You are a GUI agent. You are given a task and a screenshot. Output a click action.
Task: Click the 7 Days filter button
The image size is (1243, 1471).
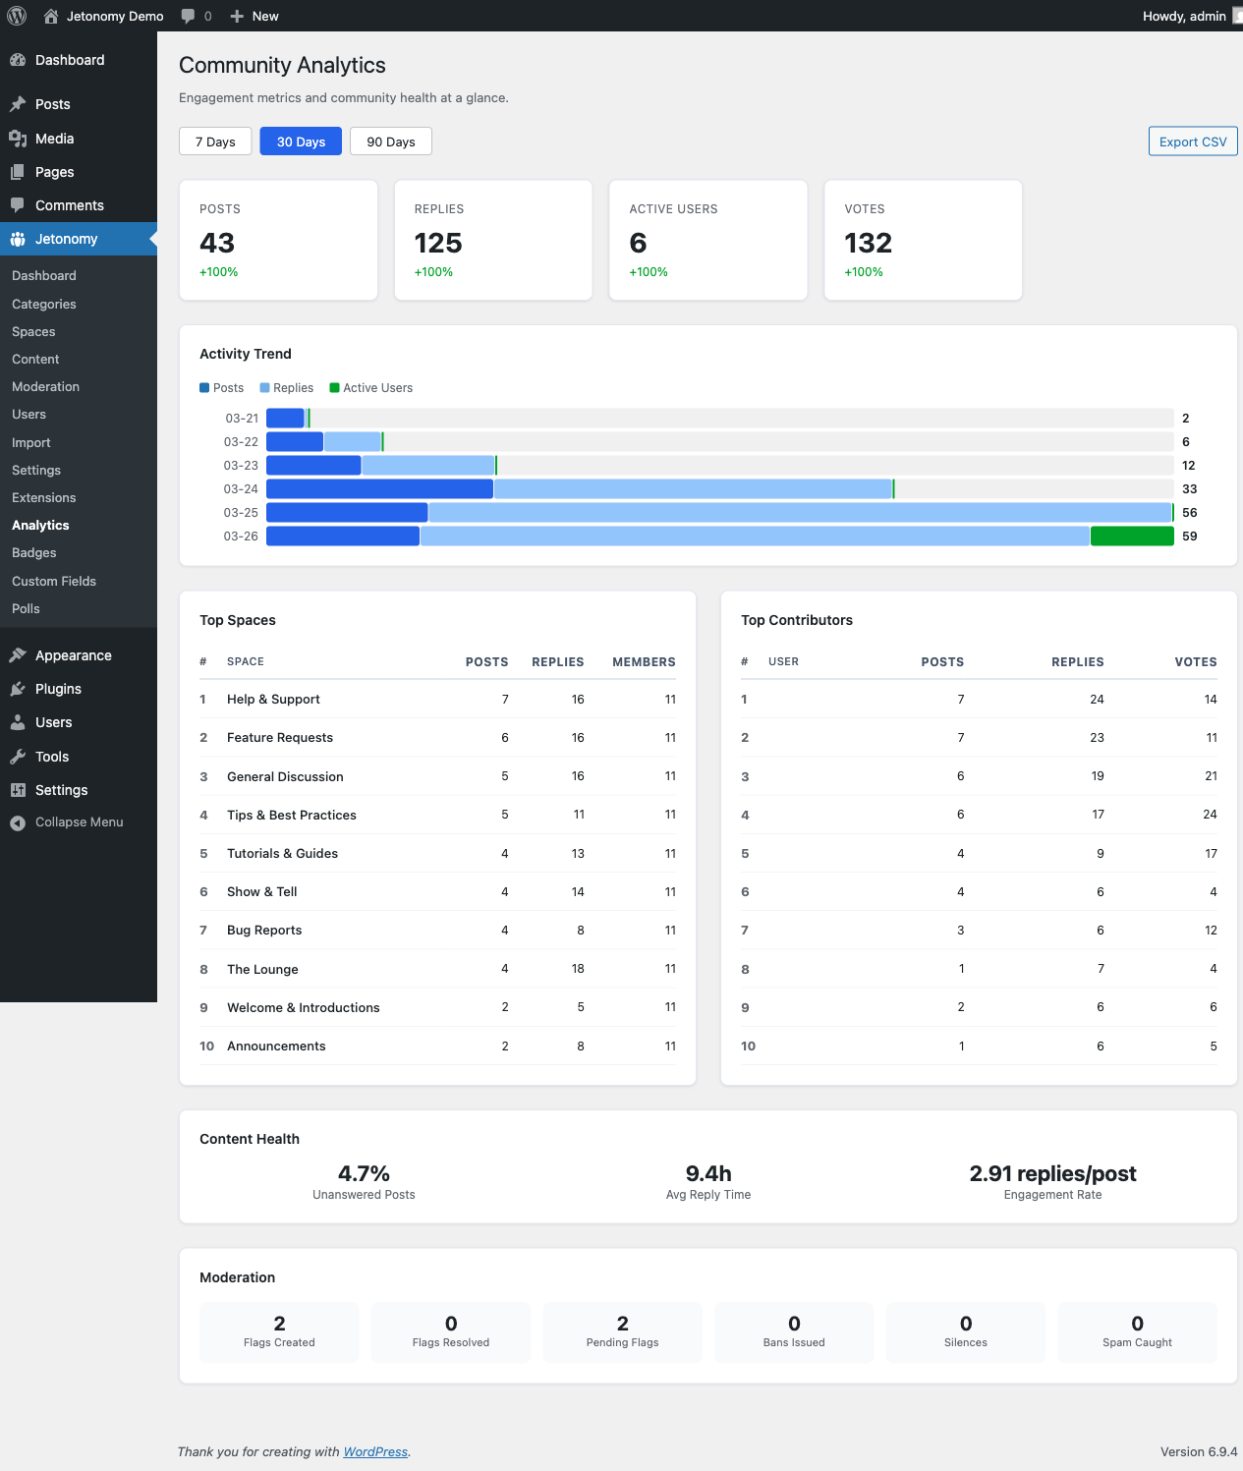point(215,141)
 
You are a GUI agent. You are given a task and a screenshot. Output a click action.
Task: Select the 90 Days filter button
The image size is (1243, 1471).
point(391,141)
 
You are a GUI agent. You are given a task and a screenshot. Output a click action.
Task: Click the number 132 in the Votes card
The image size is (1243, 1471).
point(868,243)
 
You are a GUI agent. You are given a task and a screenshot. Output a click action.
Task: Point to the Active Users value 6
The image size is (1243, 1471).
point(639,243)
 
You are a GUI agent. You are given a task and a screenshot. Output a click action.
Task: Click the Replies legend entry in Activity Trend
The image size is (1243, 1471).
point(287,388)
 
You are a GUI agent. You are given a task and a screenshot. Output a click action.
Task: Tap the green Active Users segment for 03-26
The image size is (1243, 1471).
point(1132,537)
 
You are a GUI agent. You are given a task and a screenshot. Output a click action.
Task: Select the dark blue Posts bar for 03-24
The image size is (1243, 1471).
point(379,489)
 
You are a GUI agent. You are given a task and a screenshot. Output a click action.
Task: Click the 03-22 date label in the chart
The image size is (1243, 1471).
point(241,442)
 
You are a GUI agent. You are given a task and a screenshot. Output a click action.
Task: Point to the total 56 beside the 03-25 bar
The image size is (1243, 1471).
point(1189,513)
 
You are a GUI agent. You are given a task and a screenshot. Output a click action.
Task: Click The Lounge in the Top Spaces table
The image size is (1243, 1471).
point(262,969)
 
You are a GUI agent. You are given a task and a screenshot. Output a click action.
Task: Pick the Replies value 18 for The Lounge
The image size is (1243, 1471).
point(578,969)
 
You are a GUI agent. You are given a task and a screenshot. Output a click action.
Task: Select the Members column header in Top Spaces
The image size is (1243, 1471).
point(644,662)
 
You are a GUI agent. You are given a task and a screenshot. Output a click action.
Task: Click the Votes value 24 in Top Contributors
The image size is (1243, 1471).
point(1210,815)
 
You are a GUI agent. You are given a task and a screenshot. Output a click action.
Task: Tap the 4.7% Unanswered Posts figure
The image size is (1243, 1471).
point(364,1173)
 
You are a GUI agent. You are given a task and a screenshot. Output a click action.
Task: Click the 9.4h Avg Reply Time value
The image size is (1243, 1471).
point(708,1173)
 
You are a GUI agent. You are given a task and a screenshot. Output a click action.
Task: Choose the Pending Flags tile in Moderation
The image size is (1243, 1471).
point(622,1332)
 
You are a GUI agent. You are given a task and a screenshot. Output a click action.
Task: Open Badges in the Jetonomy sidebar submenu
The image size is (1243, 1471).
point(34,553)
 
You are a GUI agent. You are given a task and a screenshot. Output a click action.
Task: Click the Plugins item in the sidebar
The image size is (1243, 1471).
point(58,689)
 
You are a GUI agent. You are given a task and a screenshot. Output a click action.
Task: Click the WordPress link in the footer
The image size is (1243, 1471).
point(375,1452)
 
